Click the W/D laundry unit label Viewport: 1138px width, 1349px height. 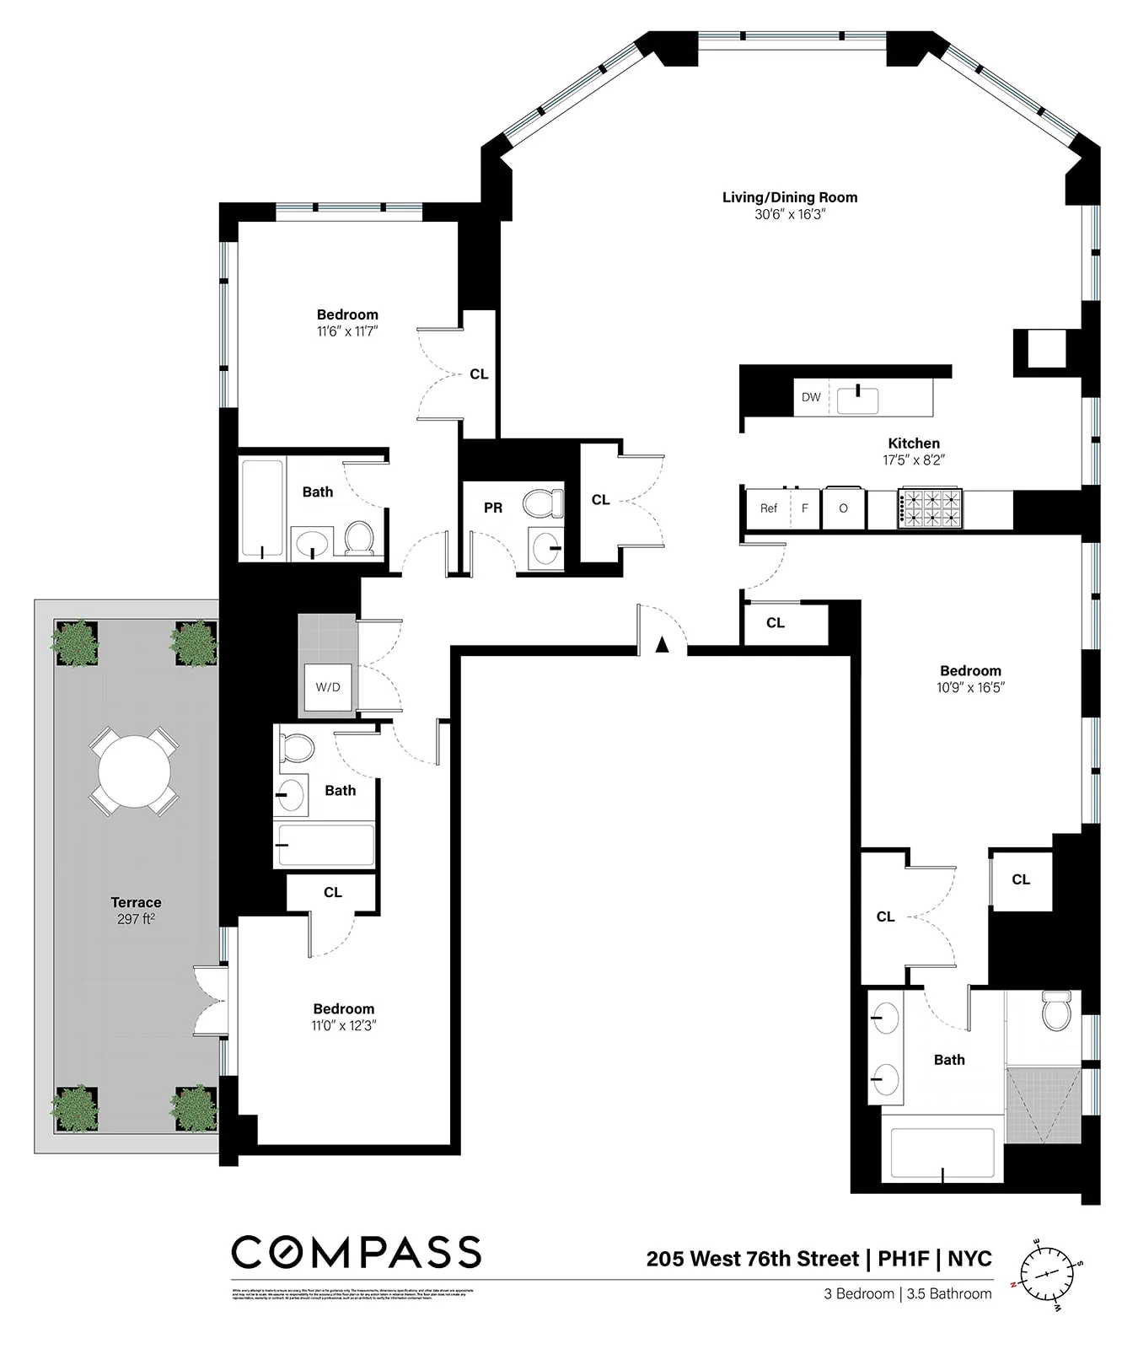(328, 687)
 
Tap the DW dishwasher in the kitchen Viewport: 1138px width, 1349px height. (811, 397)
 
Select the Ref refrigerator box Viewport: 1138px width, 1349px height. (769, 508)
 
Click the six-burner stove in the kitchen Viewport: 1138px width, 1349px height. (931, 508)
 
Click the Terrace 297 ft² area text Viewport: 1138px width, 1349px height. (136, 911)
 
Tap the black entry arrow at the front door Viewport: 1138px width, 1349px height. (663, 644)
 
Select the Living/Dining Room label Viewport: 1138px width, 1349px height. (790, 197)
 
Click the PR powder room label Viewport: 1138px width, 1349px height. (493, 508)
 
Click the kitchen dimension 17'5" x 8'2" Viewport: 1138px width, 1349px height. (914, 460)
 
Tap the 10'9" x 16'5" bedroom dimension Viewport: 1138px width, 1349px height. (970, 687)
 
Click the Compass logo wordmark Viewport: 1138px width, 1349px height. (356, 1253)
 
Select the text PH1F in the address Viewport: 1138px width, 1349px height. (904, 1259)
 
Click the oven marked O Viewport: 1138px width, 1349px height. (843, 508)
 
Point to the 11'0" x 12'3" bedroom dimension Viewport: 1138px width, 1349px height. (343, 1025)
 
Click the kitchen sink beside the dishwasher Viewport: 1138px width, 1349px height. (858, 400)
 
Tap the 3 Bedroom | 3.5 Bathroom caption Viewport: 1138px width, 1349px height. (908, 1293)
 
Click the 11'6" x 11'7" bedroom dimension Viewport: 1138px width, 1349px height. (347, 331)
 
